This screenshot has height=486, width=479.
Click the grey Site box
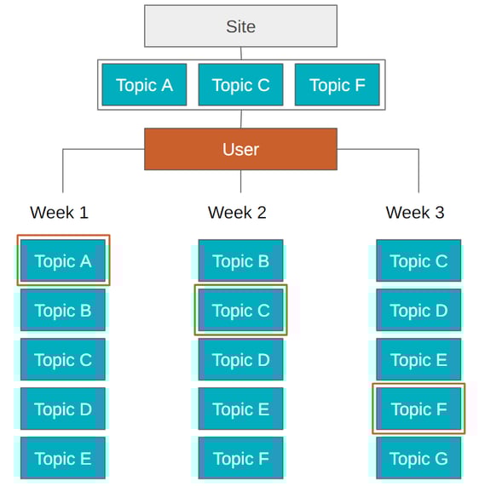(240, 26)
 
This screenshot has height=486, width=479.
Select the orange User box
(240, 149)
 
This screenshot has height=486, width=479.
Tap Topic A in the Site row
(144, 84)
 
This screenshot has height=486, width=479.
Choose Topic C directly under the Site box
(240, 84)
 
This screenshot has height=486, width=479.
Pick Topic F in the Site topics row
(338, 84)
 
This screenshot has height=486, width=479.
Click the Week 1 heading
(59, 213)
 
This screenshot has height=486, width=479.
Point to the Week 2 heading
(237, 213)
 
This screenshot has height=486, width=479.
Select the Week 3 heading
(415, 213)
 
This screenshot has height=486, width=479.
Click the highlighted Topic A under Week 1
(63, 260)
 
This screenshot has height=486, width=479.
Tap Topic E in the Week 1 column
(63, 458)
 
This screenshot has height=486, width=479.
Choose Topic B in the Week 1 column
(63, 310)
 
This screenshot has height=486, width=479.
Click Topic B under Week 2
(240, 260)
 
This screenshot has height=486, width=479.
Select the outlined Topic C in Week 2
(240, 310)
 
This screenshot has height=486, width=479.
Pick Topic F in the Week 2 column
(240, 458)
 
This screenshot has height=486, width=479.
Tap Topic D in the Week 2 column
(240, 359)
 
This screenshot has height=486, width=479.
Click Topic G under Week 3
(418, 458)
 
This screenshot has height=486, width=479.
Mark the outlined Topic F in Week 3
(418, 409)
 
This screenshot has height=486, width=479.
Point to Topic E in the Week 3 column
(418, 359)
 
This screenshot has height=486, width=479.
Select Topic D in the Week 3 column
(418, 310)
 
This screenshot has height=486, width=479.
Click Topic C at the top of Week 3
(418, 260)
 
